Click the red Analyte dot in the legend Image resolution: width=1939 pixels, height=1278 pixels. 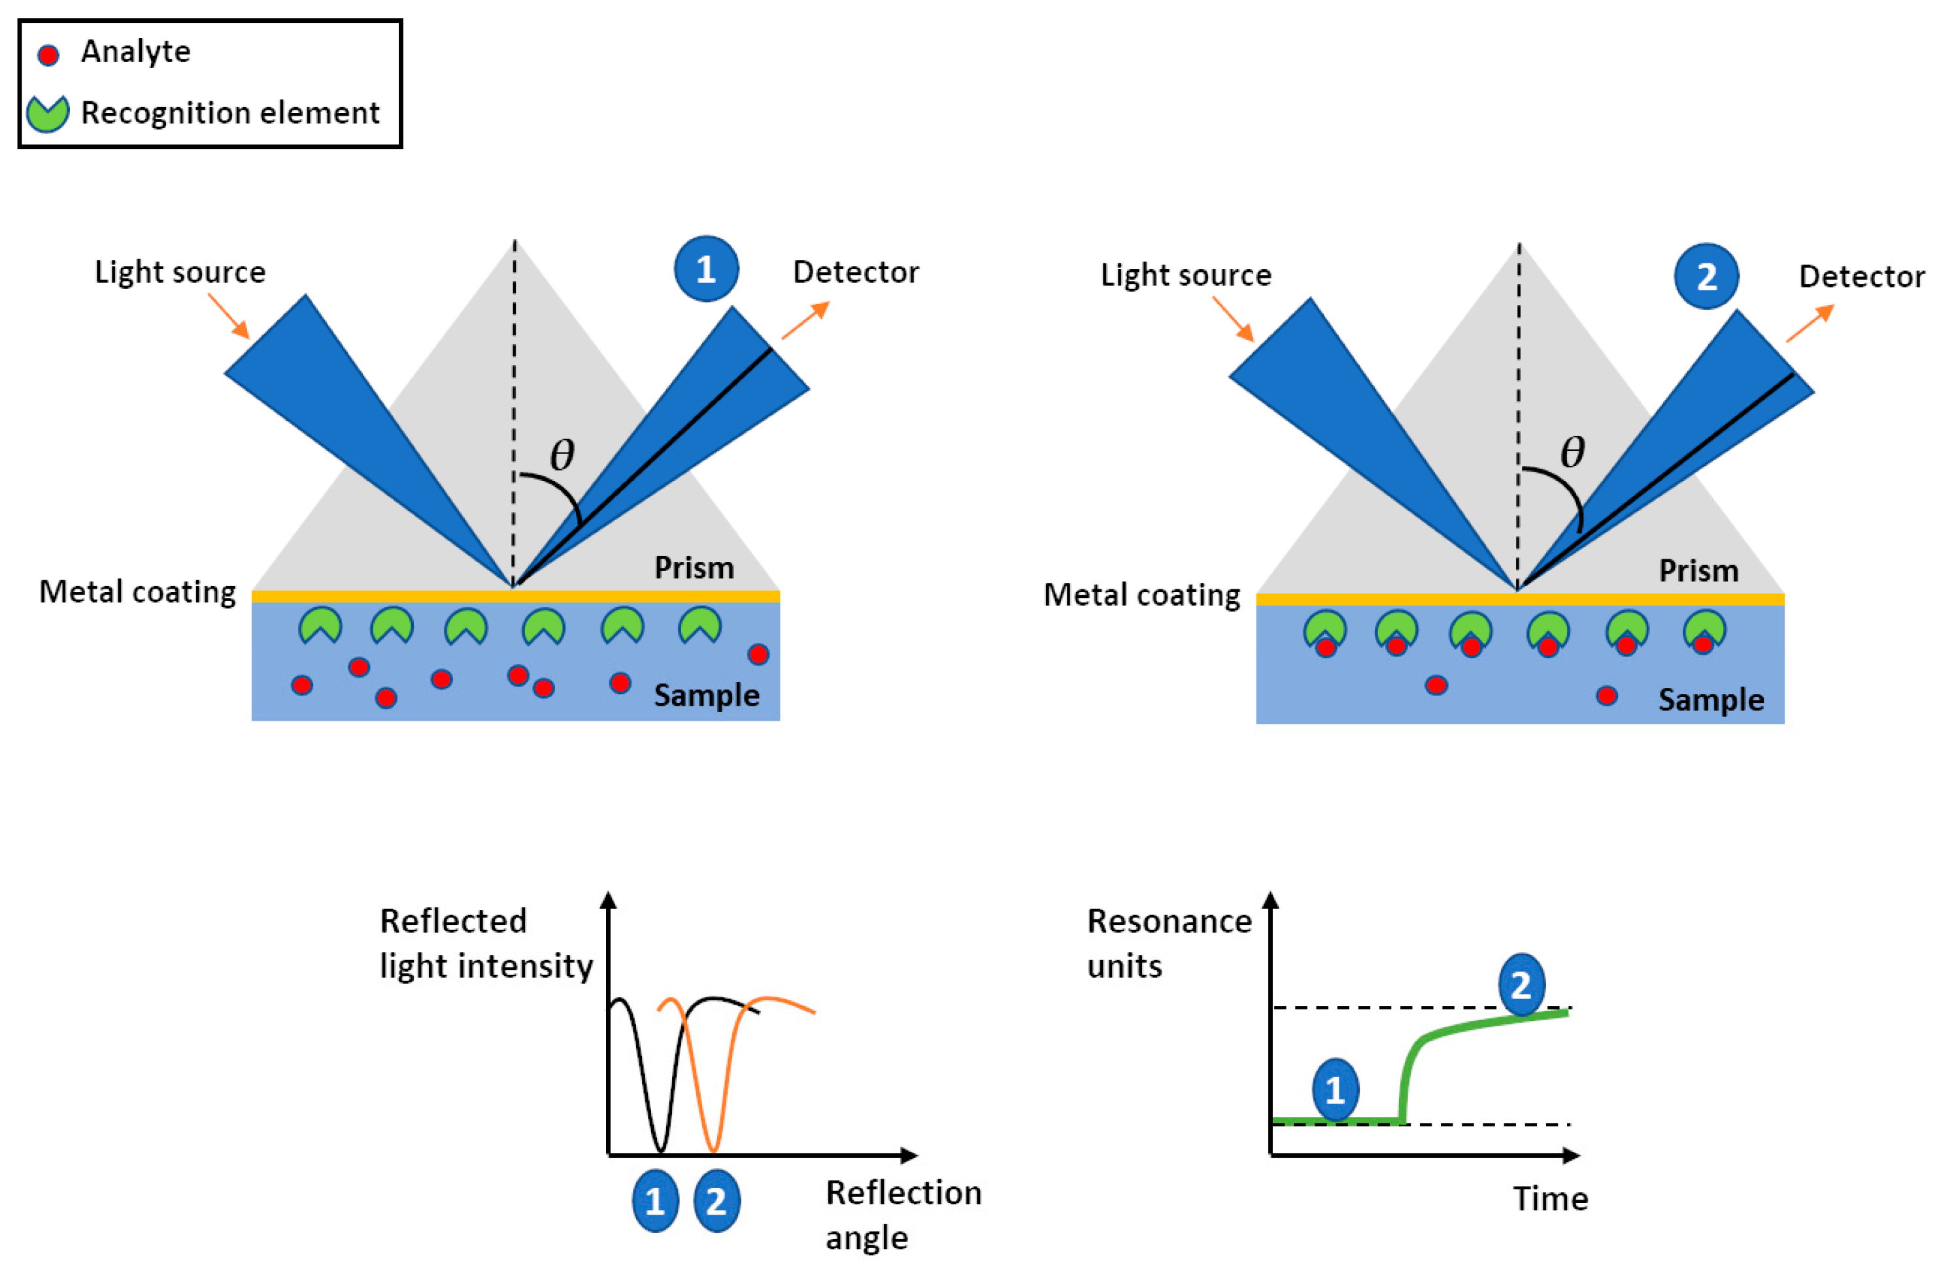click(x=49, y=55)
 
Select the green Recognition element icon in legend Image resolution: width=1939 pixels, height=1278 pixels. click(x=47, y=113)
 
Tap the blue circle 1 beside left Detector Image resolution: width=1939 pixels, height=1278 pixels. click(x=706, y=269)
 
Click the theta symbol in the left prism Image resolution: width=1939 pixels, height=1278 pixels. click(x=562, y=454)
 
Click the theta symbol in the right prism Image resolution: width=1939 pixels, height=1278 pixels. click(x=1572, y=451)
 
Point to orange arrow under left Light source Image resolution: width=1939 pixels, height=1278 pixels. click(x=229, y=316)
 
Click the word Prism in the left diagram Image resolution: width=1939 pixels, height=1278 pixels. click(x=694, y=567)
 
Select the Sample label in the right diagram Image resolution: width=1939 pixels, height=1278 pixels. click(x=1711, y=699)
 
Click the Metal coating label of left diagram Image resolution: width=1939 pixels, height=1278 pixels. click(x=137, y=592)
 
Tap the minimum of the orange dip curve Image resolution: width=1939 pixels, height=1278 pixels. click(x=713, y=1149)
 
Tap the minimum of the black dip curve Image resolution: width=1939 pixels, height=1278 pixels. click(x=660, y=1149)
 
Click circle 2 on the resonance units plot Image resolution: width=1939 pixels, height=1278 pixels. click(x=1521, y=985)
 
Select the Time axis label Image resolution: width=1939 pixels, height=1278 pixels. click(x=1550, y=1199)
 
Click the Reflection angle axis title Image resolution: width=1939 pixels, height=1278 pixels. click(x=903, y=1215)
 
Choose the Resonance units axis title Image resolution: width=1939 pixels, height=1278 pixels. click(x=1168, y=943)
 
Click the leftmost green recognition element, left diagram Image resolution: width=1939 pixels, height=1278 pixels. click(x=320, y=626)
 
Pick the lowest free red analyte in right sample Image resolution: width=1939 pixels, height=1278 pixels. click(x=1606, y=696)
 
